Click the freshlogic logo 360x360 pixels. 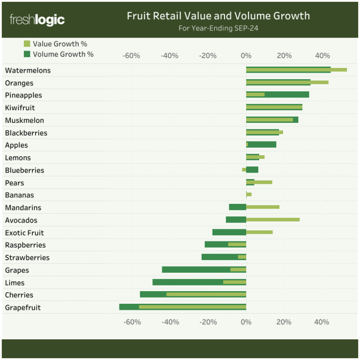(37, 20)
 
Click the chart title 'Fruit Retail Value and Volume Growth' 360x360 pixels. (218, 16)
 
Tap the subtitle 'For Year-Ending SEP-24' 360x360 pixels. (218, 28)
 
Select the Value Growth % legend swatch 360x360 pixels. (27, 44)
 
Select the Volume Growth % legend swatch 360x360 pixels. (27, 54)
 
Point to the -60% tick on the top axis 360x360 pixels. (131, 56)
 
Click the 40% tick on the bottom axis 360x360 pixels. (322, 322)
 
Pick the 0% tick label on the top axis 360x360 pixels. (246, 56)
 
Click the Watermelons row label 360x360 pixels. (28, 70)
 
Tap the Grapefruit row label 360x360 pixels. (22, 307)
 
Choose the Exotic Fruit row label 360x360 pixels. (24, 232)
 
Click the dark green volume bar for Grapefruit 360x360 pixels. (129, 307)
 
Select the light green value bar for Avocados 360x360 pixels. (273, 219)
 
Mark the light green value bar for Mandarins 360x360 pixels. (262, 207)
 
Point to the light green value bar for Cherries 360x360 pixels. (206, 294)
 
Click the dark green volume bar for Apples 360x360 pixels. (262, 144)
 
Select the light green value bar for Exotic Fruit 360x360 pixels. (259, 232)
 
